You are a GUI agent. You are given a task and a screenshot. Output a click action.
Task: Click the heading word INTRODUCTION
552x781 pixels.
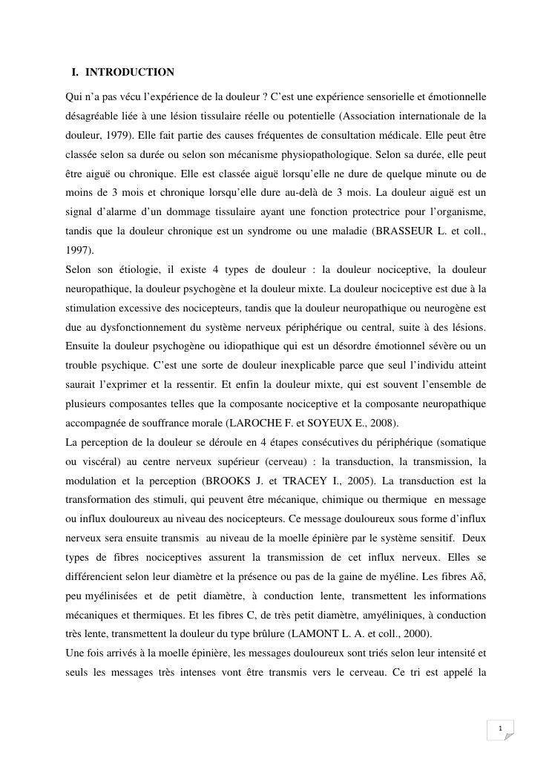click(130, 73)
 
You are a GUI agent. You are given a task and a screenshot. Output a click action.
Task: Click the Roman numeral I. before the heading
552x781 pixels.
click(76, 73)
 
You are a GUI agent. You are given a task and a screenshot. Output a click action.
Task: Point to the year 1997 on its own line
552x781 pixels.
click(79, 251)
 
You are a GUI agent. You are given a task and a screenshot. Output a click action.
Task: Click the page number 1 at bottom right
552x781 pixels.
click(501, 730)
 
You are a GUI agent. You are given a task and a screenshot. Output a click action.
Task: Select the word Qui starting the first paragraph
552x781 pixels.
click(75, 97)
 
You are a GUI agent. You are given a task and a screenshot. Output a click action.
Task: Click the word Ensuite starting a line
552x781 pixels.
click(84, 346)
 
